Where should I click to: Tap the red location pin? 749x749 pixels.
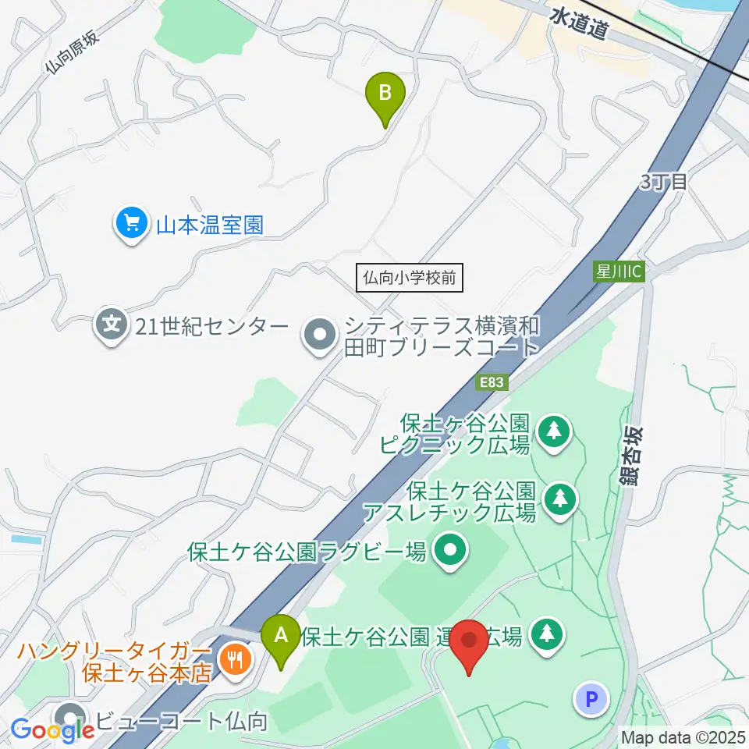click(470, 645)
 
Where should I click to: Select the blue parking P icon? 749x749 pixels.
click(591, 698)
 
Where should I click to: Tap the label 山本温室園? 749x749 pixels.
click(210, 225)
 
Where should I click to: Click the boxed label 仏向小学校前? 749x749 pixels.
click(410, 277)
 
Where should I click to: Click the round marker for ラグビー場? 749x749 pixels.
click(451, 552)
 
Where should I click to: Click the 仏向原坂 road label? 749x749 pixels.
click(73, 51)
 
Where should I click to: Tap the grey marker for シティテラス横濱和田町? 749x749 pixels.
click(319, 336)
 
